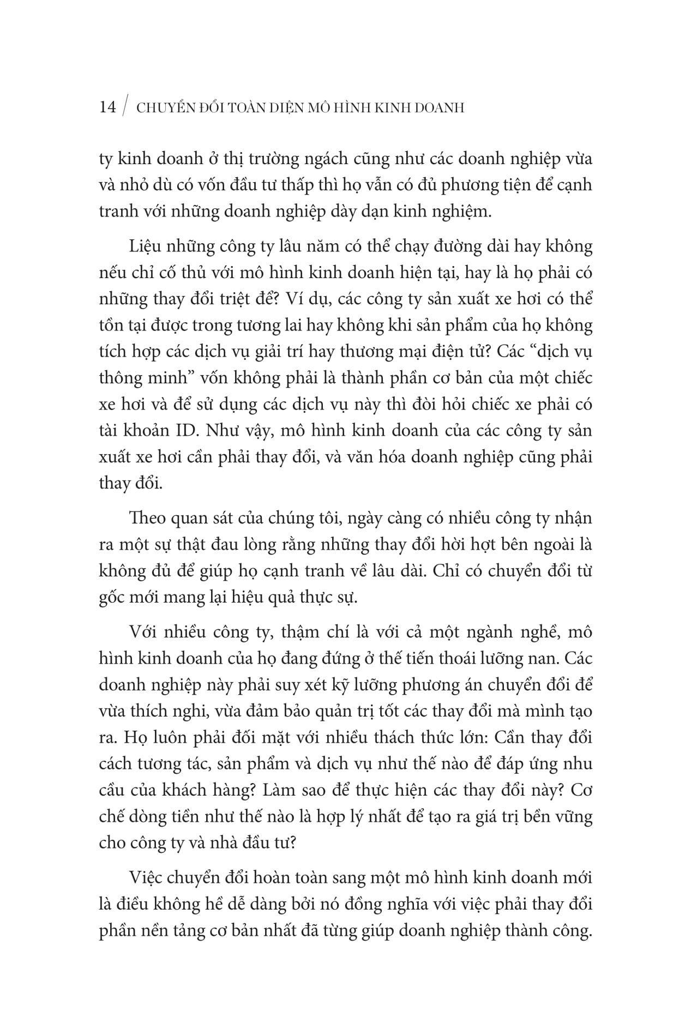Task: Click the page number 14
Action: tap(107, 107)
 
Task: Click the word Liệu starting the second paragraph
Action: tap(145, 246)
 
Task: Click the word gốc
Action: tap(113, 598)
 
